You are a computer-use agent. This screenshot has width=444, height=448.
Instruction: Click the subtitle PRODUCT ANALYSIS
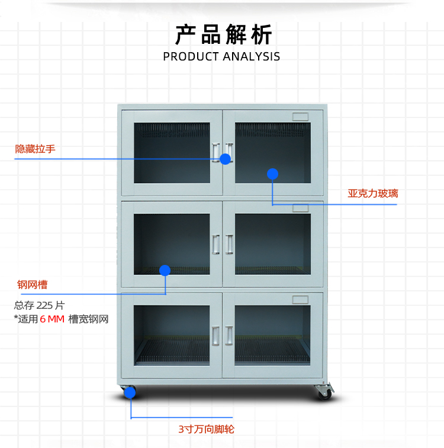click(x=221, y=57)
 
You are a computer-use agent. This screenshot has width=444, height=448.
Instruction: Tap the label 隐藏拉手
click(x=36, y=149)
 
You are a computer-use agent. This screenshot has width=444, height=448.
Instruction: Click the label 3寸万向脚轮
click(x=206, y=429)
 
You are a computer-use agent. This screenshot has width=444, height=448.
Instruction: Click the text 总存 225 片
click(x=40, y=306)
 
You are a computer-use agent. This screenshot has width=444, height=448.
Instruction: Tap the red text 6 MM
click(x=52, y=319)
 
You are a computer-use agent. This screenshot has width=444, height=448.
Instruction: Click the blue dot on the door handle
click(x=225, y=159)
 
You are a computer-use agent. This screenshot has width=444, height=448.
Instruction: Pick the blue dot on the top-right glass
click(x=272, y=174)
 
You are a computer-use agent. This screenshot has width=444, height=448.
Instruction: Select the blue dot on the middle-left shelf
click(x=165, y=270)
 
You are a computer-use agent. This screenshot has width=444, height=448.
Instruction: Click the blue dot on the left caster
click(x=130, y=392)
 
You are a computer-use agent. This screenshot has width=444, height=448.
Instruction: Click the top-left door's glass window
click(x=172, y=152)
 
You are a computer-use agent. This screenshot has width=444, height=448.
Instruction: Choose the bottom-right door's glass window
click(x=272, y=335)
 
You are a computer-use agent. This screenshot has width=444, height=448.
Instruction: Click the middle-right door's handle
click(x=230, y=244)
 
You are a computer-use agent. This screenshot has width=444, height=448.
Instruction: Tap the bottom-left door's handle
click(x=215, y=335)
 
